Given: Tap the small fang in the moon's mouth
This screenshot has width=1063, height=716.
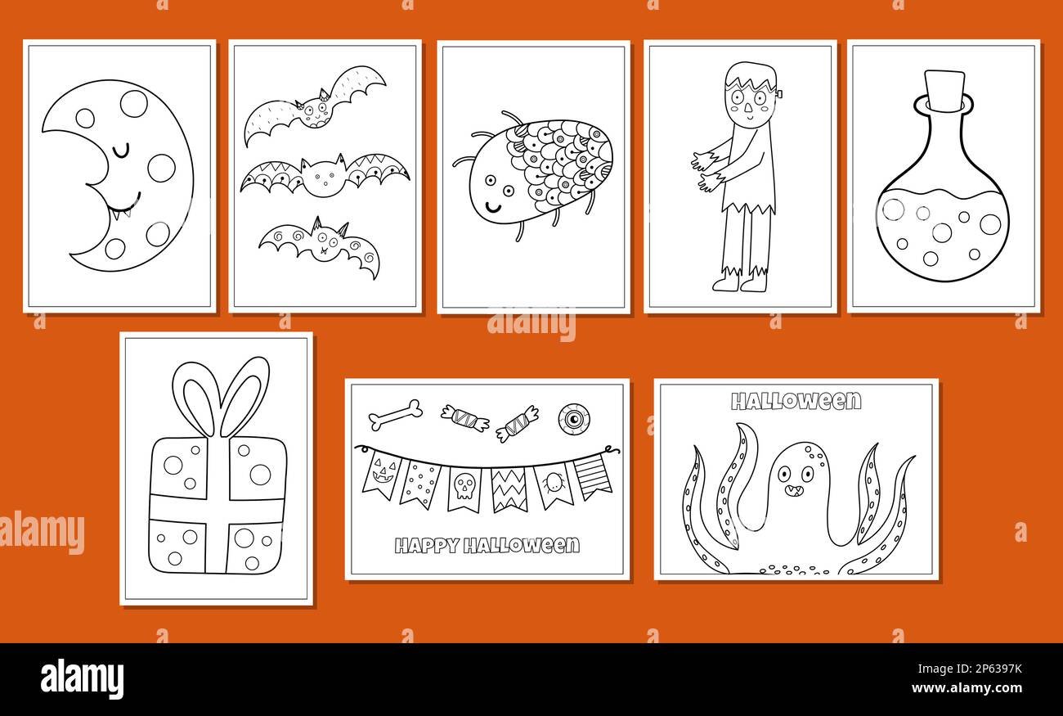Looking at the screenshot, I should (x=126, y=214).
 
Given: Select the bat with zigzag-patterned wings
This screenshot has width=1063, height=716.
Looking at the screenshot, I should (x=325, y=175).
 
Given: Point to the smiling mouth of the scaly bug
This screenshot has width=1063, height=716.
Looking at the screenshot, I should (x=493, y=208).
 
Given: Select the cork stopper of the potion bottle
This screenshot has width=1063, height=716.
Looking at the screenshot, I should (x=945, y=90).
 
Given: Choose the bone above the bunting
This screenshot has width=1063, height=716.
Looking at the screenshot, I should (x=395, y=414).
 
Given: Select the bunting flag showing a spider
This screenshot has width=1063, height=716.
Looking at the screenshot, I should (x=553, y=485).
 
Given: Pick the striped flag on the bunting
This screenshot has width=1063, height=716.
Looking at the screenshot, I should (x=591, y=477).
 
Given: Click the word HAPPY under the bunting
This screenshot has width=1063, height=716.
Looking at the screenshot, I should (x=426, y=546).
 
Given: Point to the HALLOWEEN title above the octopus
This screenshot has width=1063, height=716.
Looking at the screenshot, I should (x=796, y=401).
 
